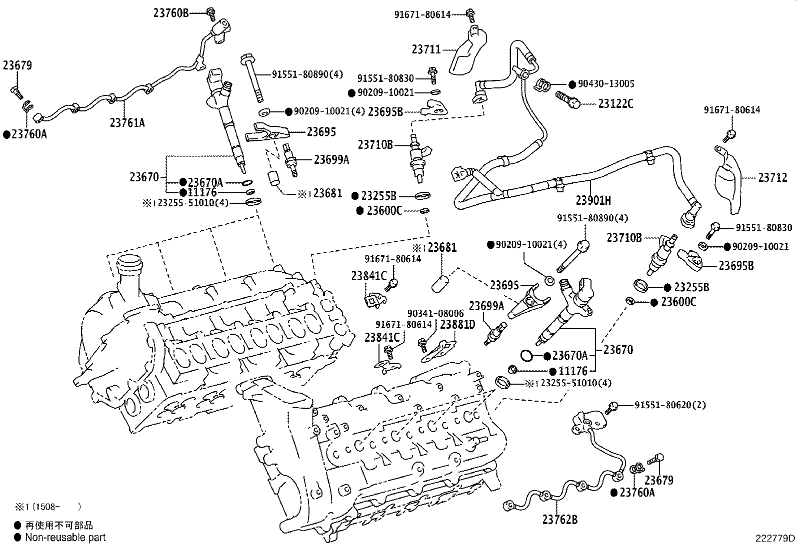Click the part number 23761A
127,122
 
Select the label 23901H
593,201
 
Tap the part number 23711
426,49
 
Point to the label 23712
772,177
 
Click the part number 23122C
615,104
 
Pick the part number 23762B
559,520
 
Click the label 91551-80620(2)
670,405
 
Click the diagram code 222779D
774,539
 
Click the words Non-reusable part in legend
65,538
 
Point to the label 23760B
171,13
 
